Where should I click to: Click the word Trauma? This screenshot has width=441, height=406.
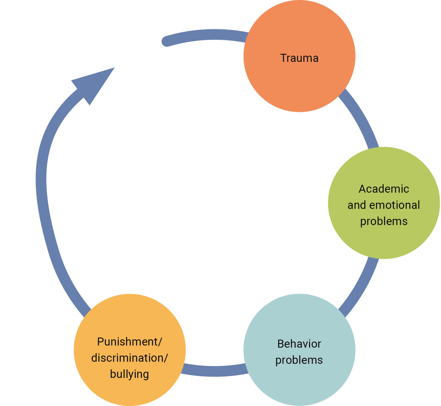(x=299, y=58)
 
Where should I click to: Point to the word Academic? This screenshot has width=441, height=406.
(x=384, y=189)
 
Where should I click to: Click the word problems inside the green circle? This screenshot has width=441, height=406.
(x=384, y=221)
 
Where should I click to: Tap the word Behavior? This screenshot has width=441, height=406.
(x=299, y=344)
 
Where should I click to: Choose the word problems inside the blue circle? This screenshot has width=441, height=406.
(x=299, y=360)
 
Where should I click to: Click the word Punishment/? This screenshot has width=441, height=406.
(x=130, y=342)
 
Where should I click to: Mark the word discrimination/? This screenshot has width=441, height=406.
(x=130, y=358)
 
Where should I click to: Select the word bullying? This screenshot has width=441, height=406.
(x=129, y=374)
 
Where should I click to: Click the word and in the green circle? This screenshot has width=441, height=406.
(x=357, y=205)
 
